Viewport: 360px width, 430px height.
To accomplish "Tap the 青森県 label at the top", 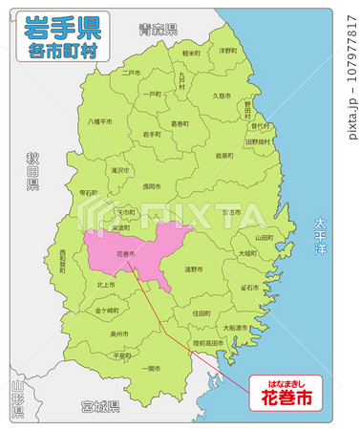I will pos(158,31).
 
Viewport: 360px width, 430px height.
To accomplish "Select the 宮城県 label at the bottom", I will pos(99,406).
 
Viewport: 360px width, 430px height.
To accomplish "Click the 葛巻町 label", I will pos(180,123).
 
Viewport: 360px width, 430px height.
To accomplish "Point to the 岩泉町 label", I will pos(224,155).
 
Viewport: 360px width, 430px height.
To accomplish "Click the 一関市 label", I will pos(151,368).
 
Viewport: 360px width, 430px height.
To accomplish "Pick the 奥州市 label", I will pos(119,334).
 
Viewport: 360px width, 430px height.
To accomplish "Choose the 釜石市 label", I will pos(250,287).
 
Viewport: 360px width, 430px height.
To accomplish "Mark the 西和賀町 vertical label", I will pos(63,261).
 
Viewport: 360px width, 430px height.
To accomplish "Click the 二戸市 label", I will pos(131,72).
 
